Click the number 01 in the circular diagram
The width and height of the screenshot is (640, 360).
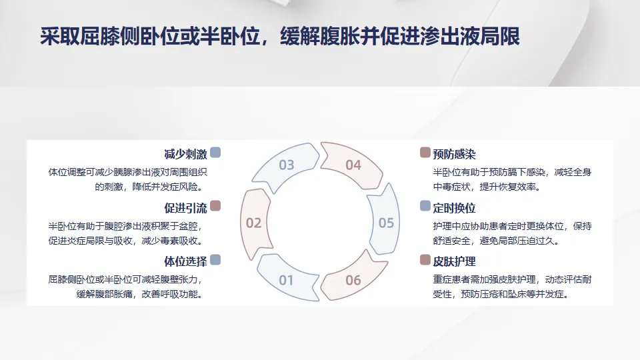(286, 280)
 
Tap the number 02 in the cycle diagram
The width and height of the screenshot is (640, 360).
(254, 223)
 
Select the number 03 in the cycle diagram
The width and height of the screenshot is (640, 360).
(287, 165)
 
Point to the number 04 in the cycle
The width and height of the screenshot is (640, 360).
(353, 165)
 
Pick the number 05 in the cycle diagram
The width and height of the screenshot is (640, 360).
(387, 223)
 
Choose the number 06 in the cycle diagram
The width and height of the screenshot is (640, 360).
(353, 280)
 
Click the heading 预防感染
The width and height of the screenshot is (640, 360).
(454, 154)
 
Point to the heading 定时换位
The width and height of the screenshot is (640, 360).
(454, 207)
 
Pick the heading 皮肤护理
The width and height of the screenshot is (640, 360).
(454, 261)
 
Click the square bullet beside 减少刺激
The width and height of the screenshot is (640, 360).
(215, 153)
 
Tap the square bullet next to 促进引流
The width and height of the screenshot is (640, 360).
(215, 206)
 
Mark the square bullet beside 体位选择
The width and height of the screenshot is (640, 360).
(215, 259)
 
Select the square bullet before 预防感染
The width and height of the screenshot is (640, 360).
(425, 153)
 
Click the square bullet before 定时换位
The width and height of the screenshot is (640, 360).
(425, 206)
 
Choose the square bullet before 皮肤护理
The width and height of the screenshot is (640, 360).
(425, 259)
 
